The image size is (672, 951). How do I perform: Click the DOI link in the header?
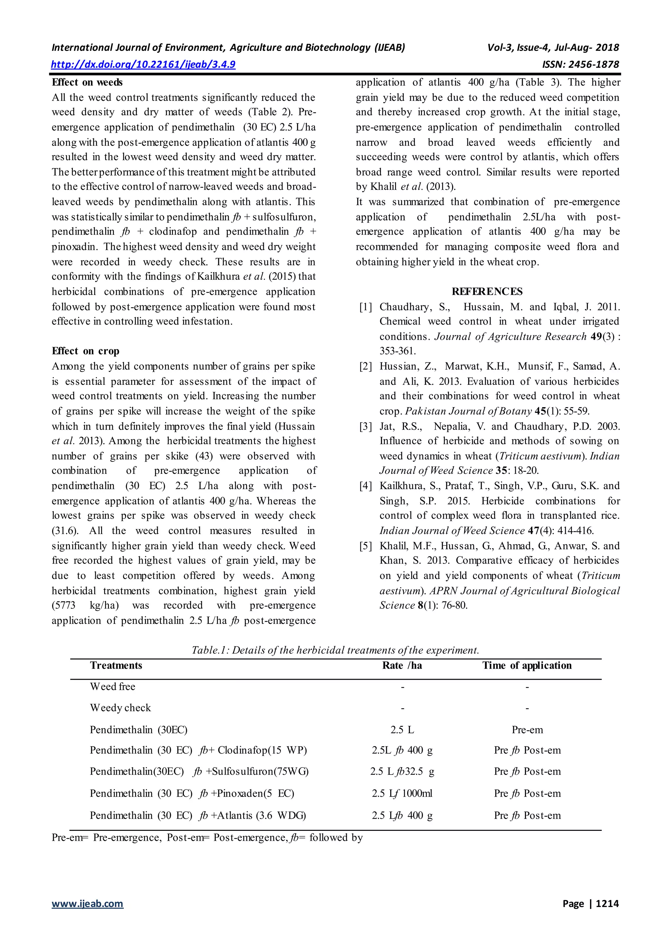point(143,65)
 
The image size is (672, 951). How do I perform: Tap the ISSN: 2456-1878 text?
point(580,65)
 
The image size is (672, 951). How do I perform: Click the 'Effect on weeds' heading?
point(87,82)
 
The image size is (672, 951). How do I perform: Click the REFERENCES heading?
point(487,292)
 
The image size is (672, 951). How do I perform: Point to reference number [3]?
point(366,427)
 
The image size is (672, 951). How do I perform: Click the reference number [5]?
point(366,546)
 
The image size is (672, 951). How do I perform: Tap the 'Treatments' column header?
point(116,666)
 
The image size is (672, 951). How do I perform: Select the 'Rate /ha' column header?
point(402,666)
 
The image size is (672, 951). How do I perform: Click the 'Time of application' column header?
point(527,666)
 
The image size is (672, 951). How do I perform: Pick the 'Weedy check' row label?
point(120,708)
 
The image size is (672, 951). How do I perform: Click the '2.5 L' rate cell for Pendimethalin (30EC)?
point(402,730)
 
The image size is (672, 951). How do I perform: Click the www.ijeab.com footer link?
point(87,904)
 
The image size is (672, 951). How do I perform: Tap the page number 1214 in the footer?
point(607,904)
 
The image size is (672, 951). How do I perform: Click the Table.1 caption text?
point(335,650)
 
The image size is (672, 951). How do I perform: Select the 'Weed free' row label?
point(113,687)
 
